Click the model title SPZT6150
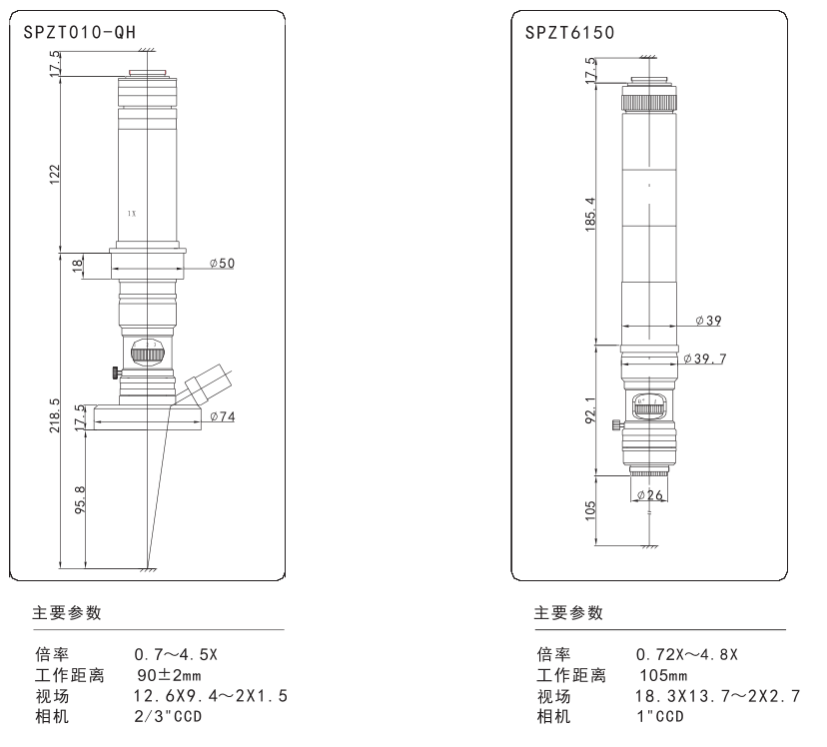pyautogui.click(x=569, y=33)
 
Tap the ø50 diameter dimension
pyautogui.click(x=222, y=263)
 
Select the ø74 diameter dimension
pyautogui.click(x=222, y=416)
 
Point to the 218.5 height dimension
pyautogui.click(x=56, y=415)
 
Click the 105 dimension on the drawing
pyautogui.click(x=590, y=508)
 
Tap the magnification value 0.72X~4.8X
pyautogui.click(x=687, y=655)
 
